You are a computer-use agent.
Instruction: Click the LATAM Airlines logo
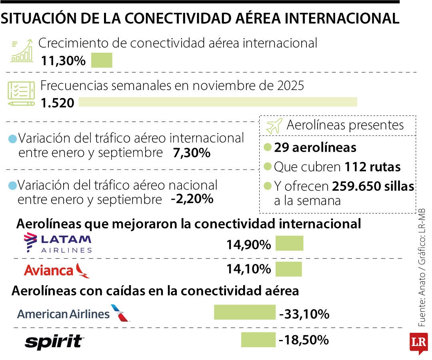click(58, 244)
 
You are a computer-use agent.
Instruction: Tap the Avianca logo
click(57, 270)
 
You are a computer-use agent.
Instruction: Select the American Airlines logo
click(74, 313)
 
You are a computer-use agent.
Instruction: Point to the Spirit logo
click(54, 342)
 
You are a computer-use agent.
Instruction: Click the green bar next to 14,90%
click(289, 243)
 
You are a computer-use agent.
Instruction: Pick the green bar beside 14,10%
click(288, 269)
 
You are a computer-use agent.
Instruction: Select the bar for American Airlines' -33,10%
click(244, 312)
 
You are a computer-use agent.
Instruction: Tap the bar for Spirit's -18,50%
click(258, 340)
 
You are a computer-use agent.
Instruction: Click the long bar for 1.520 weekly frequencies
click(218, 102)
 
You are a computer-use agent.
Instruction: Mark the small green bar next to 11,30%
click(102, 60)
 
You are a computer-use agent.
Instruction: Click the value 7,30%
click(192, 153)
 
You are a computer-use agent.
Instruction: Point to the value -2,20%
click(192, 199)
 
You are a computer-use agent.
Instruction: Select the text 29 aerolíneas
click(315, 148)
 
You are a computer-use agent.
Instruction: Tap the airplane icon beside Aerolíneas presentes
click(274, 126)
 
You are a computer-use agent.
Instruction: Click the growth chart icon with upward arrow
click(22, 50)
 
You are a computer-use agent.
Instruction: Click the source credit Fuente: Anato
click(422, 304)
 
